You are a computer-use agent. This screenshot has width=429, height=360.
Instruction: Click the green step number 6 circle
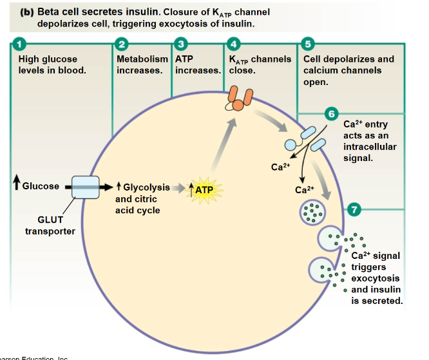(x=332, y=115)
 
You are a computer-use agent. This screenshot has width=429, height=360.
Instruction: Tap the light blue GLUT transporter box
(x=85, y=187)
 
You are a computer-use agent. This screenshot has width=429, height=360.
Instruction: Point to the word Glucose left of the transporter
(x=40, y=186)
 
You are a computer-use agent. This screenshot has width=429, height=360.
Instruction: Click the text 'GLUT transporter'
(x=50, y=226)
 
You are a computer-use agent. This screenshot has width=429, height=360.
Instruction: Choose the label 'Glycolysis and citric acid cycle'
(x=142, y=198)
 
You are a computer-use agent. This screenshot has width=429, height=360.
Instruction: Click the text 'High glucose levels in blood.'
(x=52, y=64)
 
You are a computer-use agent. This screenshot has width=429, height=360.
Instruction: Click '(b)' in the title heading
(x=24, y=12)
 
